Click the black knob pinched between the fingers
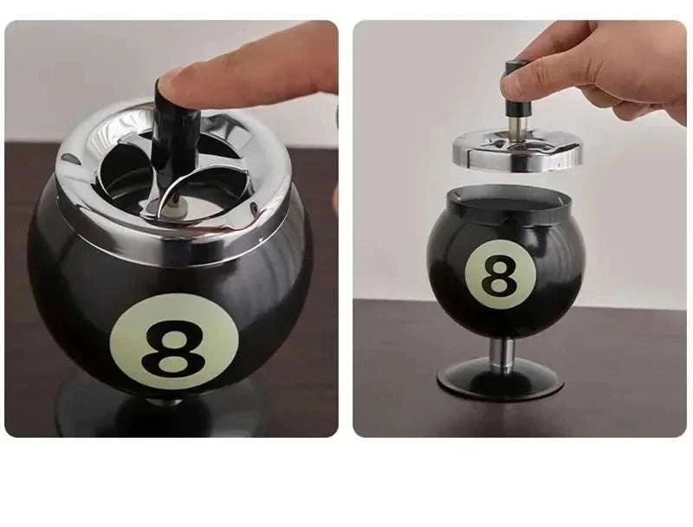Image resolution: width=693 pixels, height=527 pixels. [x=518, y=95]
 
